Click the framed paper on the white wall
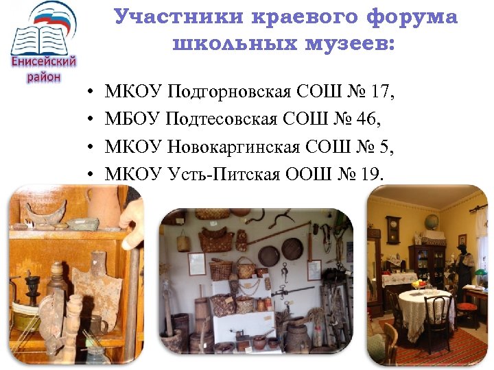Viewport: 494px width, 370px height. click(197, 263)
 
